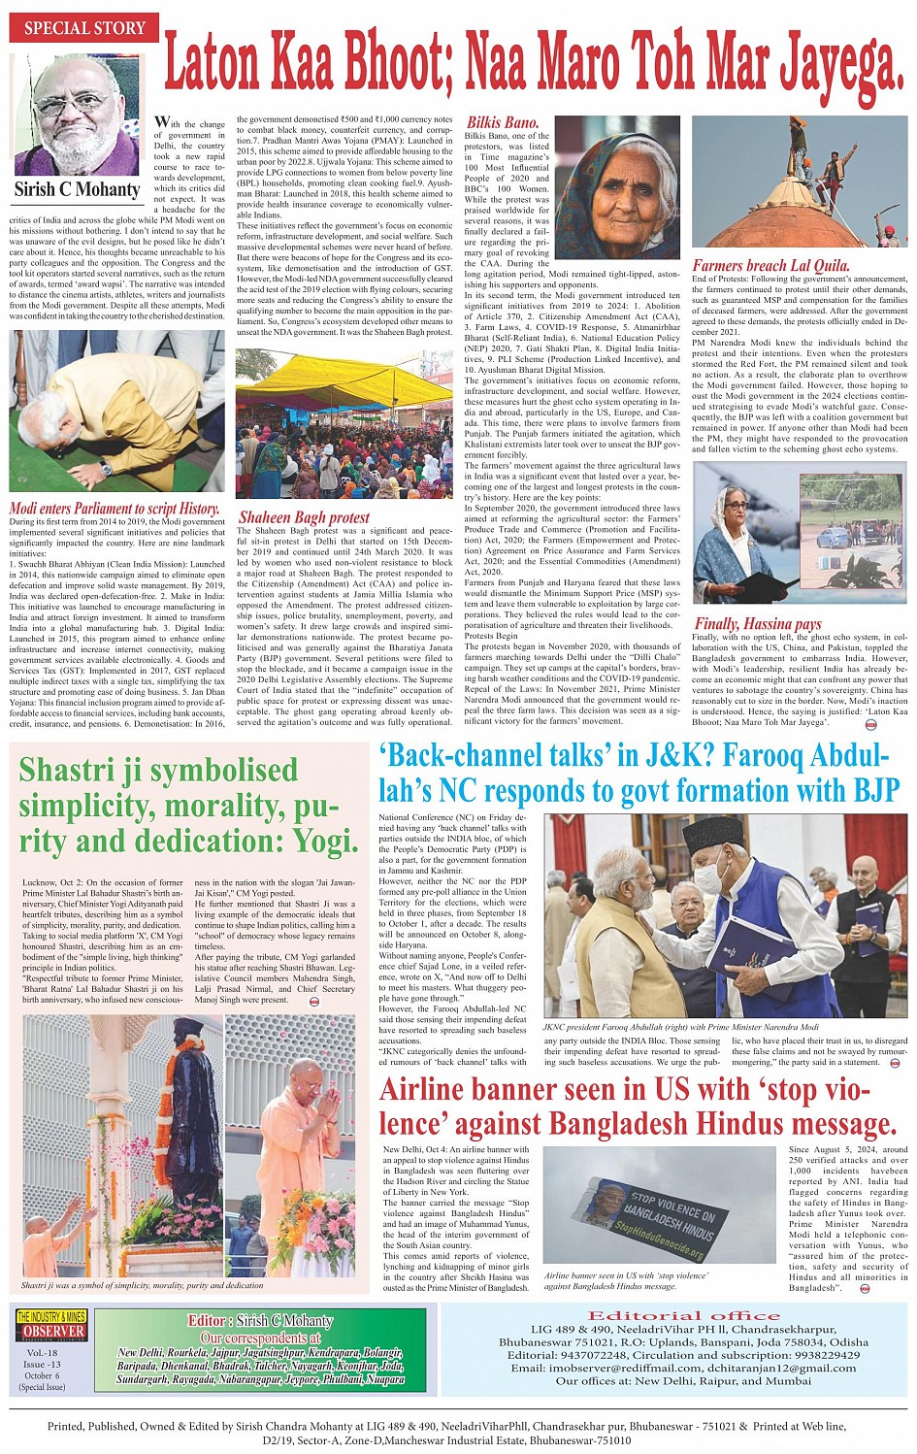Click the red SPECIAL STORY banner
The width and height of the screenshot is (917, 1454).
(84, 27)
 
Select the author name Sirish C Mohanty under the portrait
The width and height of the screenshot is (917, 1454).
(77, 189)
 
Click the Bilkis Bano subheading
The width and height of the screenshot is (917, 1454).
(502, 123)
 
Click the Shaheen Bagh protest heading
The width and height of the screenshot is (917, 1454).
(304, 517)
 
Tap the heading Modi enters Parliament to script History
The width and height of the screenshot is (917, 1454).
(115, 508)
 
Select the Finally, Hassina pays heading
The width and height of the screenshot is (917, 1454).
(757, 623)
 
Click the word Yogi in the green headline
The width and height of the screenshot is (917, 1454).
(319, 840)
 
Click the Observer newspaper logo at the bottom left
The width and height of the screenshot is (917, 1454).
(51, 1326)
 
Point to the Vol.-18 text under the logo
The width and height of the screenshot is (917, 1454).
(42, 1352)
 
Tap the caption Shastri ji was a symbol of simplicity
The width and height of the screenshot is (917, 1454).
(142, 1284)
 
